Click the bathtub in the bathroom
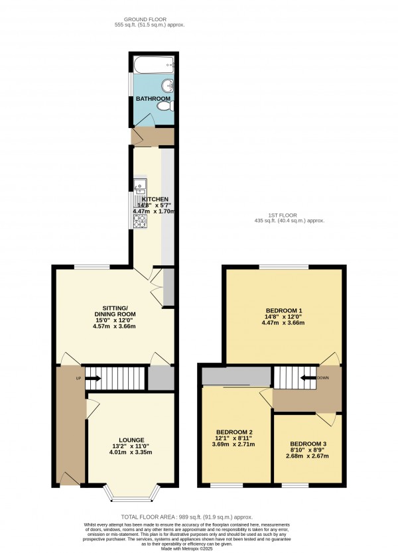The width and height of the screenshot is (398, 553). click(x=153, y=65)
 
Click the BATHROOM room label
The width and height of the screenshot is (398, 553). click(x=153, y=99)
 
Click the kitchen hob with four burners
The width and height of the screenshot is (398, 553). click(x=139, y=221)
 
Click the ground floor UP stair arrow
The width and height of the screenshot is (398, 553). click(x=92, y=379)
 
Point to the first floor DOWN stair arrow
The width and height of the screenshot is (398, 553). click(x=308, y=378)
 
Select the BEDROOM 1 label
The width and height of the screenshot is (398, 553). click(x=283, y=311)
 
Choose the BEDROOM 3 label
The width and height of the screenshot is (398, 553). click(x=308, y=444)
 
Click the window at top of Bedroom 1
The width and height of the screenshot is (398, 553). click(x=283, y=267)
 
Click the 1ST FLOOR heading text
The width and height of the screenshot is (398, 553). click(x=290, y=215)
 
